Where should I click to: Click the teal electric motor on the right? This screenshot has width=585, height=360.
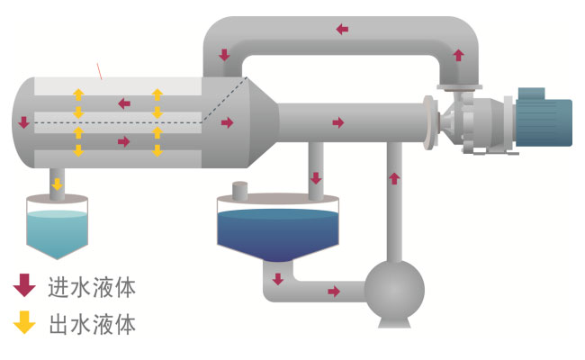(x=544, y=116)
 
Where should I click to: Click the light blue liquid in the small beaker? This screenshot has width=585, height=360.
(x=57, y=232)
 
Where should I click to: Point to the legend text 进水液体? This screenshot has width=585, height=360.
(x=92, y=288)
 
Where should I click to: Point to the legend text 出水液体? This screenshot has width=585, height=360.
(x=92, y=324)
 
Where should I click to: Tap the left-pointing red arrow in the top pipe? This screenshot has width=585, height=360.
(x=342, y=29)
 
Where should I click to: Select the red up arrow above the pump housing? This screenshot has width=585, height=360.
(x=459, y=56)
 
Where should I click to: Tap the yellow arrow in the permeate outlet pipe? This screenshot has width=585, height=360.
(x=57, y=184)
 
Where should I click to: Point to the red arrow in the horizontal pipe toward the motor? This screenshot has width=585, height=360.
(x=337, y=121)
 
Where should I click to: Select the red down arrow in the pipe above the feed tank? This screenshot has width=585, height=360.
(x=316, y=177)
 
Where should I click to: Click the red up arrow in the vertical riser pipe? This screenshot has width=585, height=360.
(x=393, y=177)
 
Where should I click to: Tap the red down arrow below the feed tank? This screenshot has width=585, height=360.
(x=277, y=278)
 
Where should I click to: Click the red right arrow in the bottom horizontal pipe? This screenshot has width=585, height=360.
(x=334, y=292)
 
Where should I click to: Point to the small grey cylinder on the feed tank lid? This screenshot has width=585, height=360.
(x=239, y=191)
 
